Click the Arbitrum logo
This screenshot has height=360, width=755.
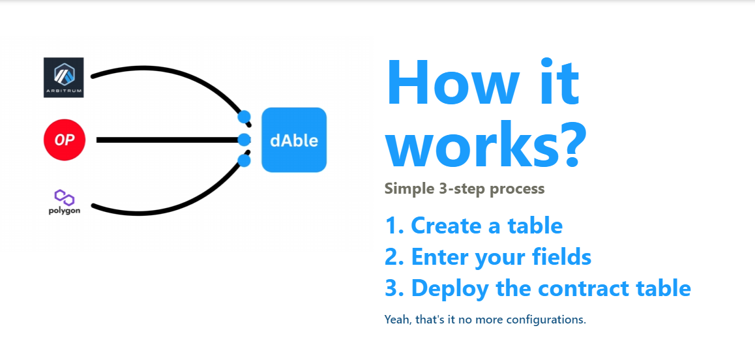(x=64, y=78)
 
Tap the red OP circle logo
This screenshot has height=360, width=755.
(x=65, y=140)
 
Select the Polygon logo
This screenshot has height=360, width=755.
(x=65, y=202)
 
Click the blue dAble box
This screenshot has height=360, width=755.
(x=293, y=140)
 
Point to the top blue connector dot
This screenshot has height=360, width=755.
(x=244, y=117)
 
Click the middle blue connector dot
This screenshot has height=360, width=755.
(x=244, y=140)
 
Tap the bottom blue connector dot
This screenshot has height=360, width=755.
(x=244, y=160)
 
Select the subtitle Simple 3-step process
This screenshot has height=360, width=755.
(x=464, y=189)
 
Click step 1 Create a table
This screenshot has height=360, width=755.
(x=473, y=226)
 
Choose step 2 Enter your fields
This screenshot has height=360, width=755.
(x=488, y=257)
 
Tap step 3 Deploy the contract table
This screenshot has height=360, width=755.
(x=537, y=288)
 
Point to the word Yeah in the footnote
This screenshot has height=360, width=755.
(x=398, y=320)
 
